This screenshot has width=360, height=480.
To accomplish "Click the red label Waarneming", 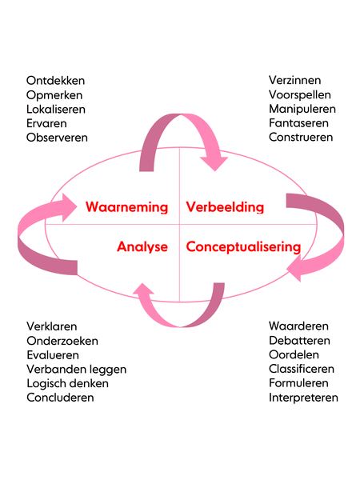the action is (x=126, y=207).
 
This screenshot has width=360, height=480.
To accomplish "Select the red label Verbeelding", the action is (x=225, y=207).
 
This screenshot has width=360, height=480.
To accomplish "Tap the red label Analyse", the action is (x=142, y=247).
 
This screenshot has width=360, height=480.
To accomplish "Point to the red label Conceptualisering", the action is (x=243, y=247).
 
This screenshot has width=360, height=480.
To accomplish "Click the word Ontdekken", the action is (x=55, y=81).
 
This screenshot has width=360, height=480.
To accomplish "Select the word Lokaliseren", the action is (x=56, y=110).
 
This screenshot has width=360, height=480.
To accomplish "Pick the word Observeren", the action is (x=57, y=138).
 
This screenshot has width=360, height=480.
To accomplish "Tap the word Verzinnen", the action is (x=294, y=80).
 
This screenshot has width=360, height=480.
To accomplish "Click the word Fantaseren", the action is (x=298, y=123).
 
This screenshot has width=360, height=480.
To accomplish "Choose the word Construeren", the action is (x=301, y=137).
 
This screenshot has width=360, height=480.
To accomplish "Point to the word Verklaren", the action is (x=52, y=326).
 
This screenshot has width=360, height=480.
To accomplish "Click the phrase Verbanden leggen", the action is (x=77, y=370).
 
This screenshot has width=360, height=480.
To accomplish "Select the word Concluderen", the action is (x=60, y=398).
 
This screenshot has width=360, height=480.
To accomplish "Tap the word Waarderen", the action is (x=298, y=326).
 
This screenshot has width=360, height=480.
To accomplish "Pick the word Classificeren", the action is (x=302, y=369).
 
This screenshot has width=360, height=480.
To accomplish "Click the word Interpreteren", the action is (x=303, y=398).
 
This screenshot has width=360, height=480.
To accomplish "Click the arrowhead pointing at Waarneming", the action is (x=69, y=207).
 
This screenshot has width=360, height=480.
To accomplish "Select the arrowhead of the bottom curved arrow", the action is (x=143, y=289).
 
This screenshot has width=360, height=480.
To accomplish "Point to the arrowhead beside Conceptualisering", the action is (x=294, y=269).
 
